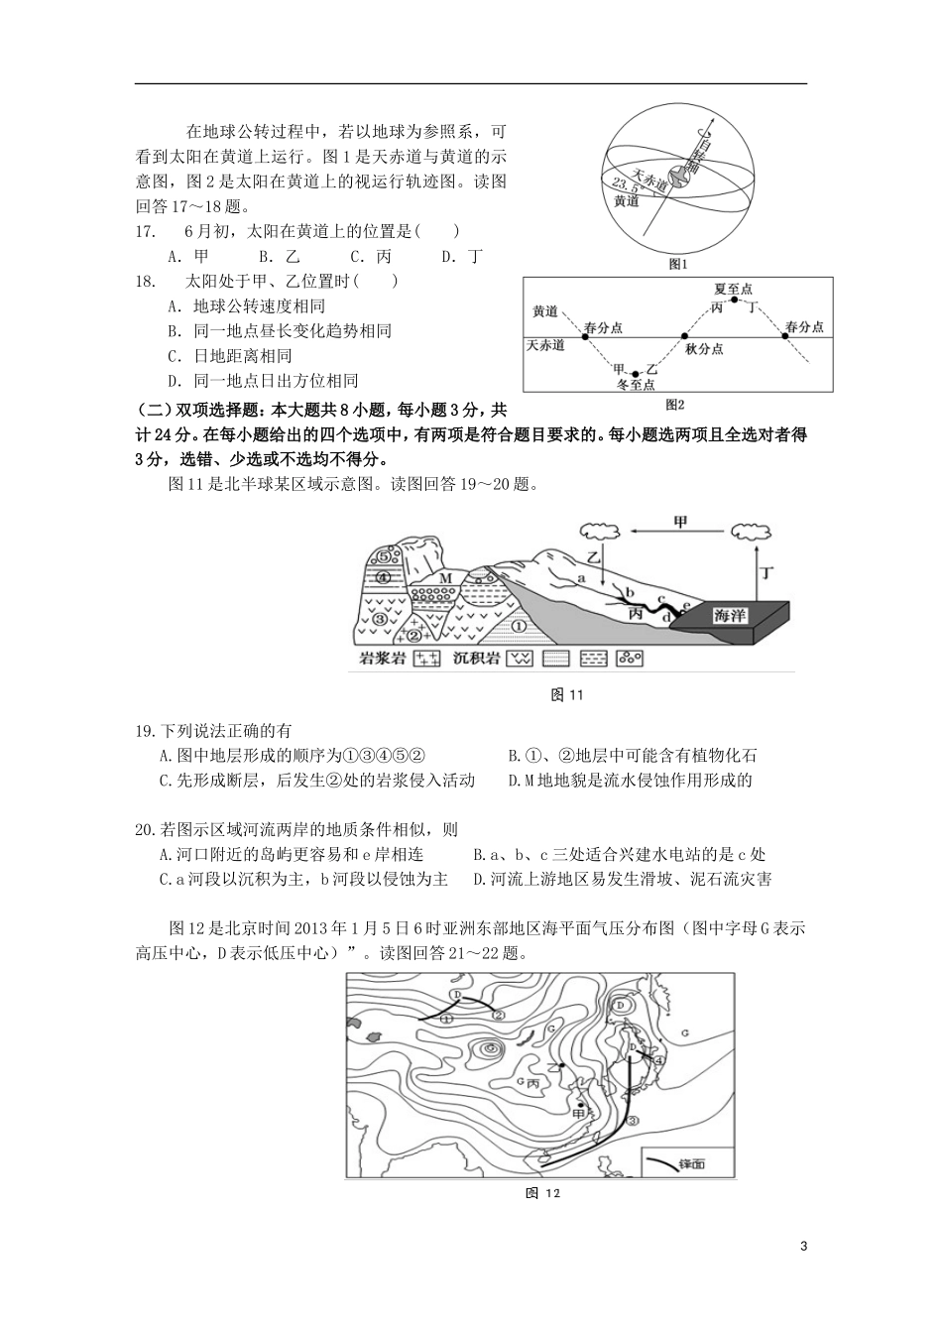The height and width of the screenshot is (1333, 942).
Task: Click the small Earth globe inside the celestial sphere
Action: click(x=680, y=177)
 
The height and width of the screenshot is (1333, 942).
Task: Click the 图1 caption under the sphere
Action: click(x=678, y=264)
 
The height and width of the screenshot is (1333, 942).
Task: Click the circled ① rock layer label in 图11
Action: click(x=518, y=626)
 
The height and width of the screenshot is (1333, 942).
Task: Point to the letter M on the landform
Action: click(x=445, y=578)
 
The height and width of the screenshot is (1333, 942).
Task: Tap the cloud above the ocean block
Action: click(x=749, y=532)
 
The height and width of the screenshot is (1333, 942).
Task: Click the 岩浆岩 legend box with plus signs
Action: click(x=426, y=658)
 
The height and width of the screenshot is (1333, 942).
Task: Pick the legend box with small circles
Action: click(x=630, y=658)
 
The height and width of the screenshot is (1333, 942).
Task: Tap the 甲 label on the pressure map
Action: click(x=580, y=1113)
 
